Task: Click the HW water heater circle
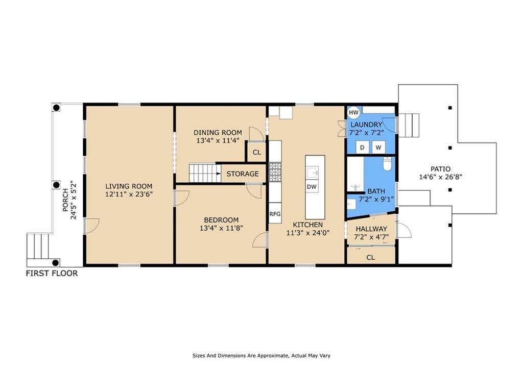point(353,112)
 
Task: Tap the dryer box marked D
point(362,147)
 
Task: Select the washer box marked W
point(378,147)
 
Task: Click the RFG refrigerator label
point(275,214)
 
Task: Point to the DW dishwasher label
point(312,187)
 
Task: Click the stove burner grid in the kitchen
point(275,172)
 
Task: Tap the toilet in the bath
point(387,164)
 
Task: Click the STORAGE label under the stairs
point(243,174)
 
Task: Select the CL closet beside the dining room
point(257,152)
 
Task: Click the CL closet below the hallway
point(371,257)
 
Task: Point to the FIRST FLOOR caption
point(52,274)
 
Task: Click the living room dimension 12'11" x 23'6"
point(129,194)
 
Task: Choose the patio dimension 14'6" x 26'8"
point(440,177)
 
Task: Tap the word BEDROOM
point(221,220)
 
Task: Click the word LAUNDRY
point(366,125)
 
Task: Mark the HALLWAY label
point(371,229)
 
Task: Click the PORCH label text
point(65,200)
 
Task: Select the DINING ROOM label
point(218,133)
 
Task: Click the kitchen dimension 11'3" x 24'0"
point(308,233)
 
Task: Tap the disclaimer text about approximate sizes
point(261,356)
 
